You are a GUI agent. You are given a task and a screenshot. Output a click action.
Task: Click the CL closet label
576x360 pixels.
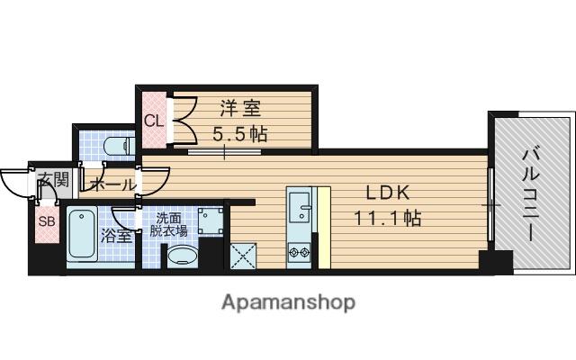(152, 121)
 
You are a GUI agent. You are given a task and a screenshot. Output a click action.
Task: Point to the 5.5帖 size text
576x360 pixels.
(239, 134)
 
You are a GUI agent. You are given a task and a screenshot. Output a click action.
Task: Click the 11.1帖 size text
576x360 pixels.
(387, 218)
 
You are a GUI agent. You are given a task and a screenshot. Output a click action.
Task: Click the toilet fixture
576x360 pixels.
(115, 144)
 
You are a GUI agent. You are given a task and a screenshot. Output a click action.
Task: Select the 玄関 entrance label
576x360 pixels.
(51, 181)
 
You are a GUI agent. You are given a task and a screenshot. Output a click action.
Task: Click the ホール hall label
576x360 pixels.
(112, 185)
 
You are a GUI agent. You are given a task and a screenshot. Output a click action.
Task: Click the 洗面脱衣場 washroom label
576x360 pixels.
(168, 224)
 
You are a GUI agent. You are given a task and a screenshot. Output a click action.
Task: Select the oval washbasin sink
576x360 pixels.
(184, 256)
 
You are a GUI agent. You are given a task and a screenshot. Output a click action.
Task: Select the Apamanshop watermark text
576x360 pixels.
(288, 302)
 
